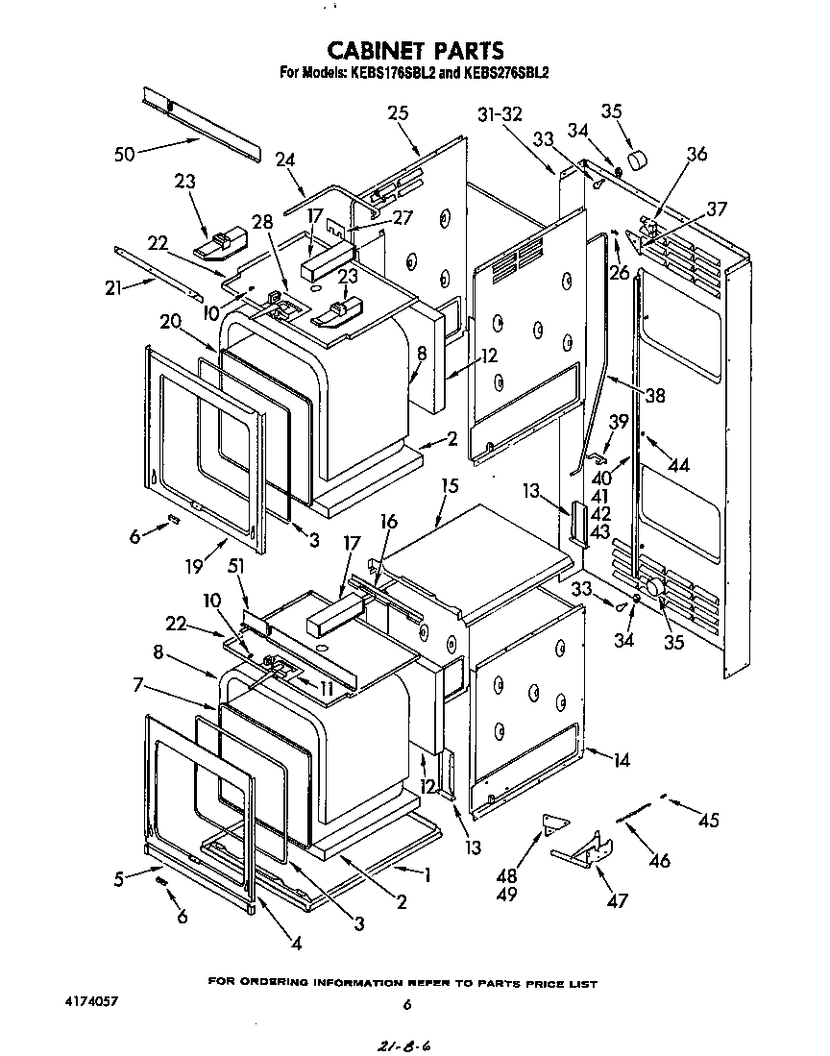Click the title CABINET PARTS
tap(415, 49)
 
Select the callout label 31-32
tap(499, 113)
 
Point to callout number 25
tap(398, 112)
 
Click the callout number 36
tap(696, 153)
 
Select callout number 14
tap(622, 759)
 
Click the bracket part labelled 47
tap(587, 847)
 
